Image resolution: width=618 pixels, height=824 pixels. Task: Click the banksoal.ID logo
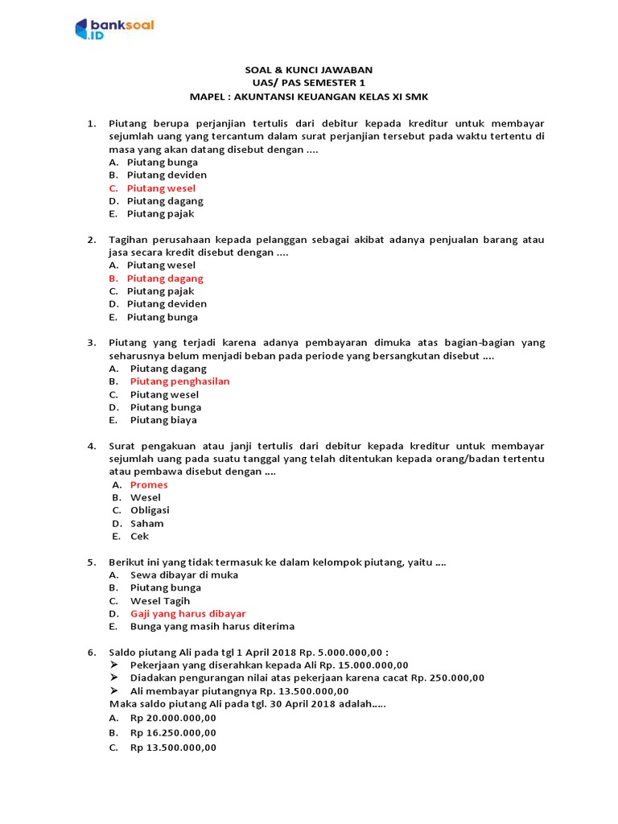click(x=113, y=30)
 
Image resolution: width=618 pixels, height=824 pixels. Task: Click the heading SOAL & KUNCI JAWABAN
click(x=309, y=70)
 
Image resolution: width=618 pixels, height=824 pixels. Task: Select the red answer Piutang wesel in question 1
click(x=161, y=188)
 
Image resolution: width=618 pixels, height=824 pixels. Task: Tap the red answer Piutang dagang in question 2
click(x=165, y=278)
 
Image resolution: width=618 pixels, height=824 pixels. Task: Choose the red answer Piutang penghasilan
click(x=179, y=381)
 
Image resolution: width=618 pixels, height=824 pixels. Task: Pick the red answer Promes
click(x=149, y=484)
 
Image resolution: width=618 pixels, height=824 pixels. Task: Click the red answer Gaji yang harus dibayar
click(x=187, y=613)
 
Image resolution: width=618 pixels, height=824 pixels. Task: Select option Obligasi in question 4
click(x=150, y=510)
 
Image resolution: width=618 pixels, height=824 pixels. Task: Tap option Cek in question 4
click(x=139, y=536)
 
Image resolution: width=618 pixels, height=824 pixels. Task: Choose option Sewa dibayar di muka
click(x=184, y=575)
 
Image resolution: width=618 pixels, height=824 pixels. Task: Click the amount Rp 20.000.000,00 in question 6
click(x=173, y=718)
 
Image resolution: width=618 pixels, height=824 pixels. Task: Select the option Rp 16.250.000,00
click(x=173, y=733)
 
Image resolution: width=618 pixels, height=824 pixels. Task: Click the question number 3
click(x=91, y=343)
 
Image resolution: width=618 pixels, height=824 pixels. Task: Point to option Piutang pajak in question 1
click(x=160, y=214)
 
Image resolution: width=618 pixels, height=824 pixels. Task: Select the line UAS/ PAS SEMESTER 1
click(x=309, y=83)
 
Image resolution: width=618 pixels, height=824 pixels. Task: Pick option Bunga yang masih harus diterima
click(x=212, y=626)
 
